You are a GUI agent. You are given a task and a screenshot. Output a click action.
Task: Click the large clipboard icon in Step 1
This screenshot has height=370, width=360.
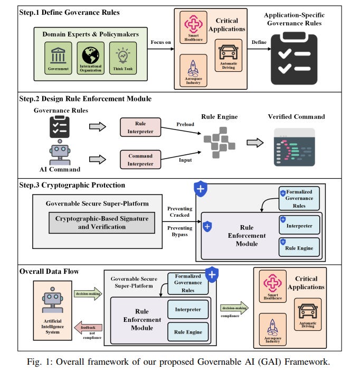[x=295, y=60]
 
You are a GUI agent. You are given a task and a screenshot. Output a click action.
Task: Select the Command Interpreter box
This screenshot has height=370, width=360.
[x=140, y=159]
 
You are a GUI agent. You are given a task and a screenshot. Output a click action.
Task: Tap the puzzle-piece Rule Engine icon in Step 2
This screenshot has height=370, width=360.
[x=219, y=142]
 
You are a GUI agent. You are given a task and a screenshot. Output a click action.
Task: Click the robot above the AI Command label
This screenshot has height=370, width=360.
[x=60, y=153]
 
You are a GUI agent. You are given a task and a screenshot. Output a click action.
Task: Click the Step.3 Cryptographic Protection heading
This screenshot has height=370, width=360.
[x=72, y=185]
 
